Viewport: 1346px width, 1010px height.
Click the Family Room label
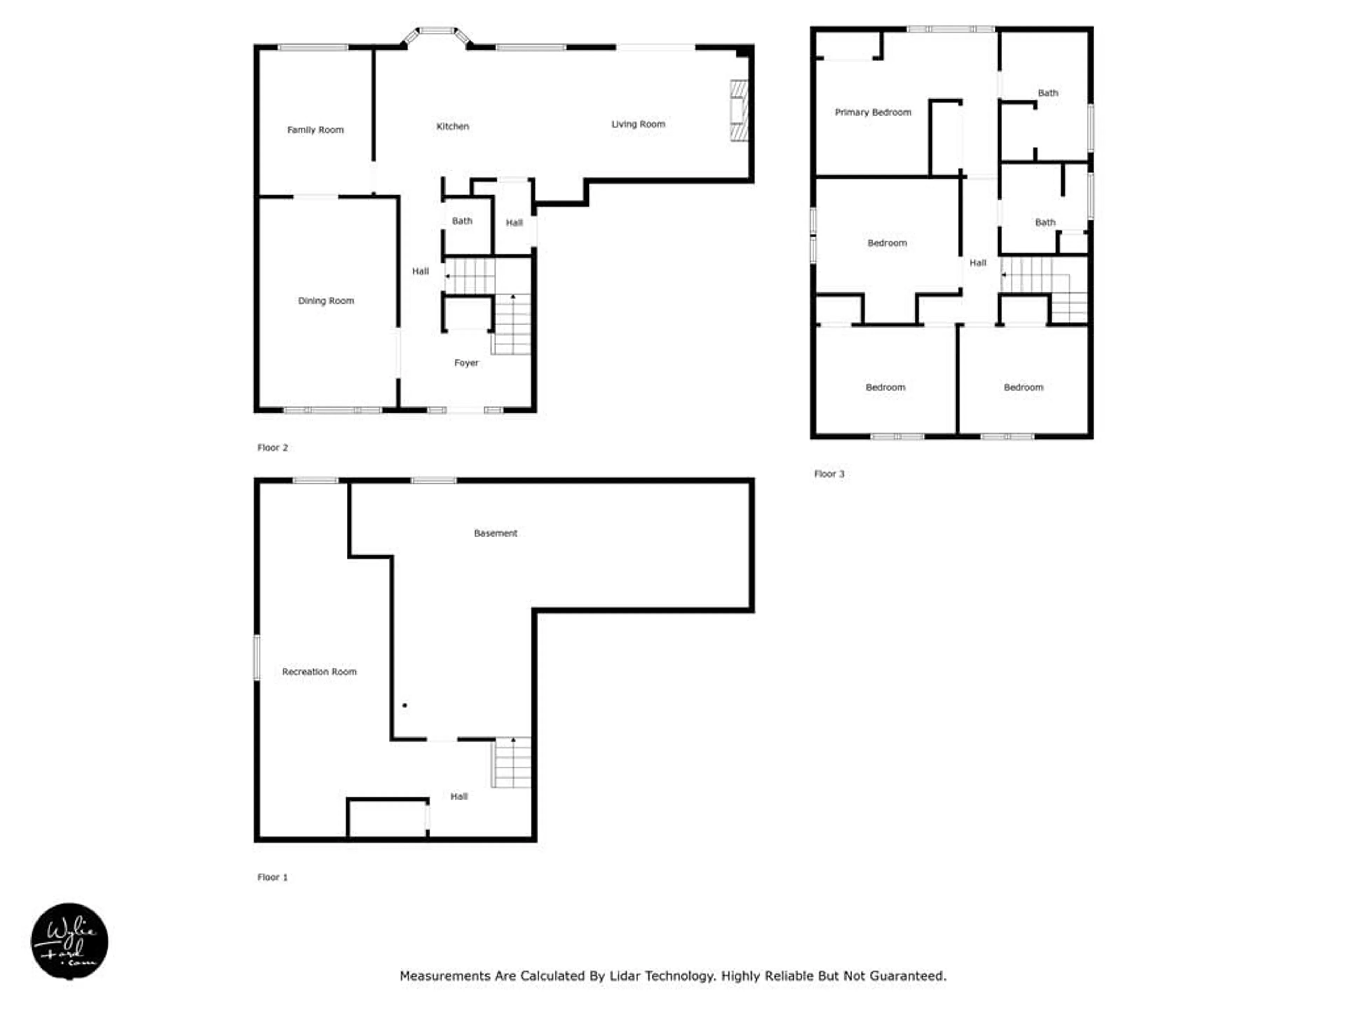(315, 130)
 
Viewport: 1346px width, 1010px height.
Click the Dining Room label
(326, 301)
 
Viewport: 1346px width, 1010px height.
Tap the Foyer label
(466, 363)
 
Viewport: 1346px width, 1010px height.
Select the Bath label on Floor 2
(462, 221)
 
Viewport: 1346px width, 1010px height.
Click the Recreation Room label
(319, 672)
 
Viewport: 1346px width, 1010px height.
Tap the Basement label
(495, 533)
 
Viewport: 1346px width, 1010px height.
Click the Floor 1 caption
(272, 877)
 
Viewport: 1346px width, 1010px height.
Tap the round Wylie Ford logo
(69, 941)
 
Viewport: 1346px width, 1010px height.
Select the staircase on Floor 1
(512, 763)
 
